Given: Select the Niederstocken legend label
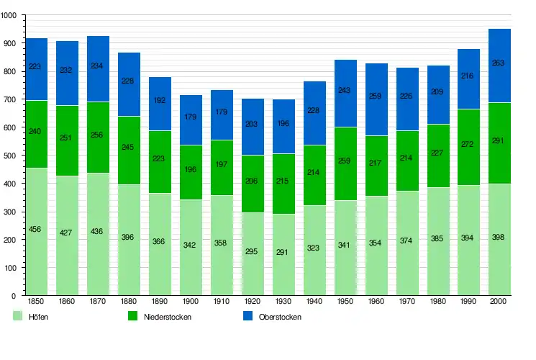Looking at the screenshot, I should coord(168,317).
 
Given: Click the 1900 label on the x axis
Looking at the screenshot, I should coord(191,302).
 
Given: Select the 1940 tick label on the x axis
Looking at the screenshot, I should coord(314,302).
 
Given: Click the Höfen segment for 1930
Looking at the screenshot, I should coord(283,254).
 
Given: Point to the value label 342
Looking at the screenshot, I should coord(191,246).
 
